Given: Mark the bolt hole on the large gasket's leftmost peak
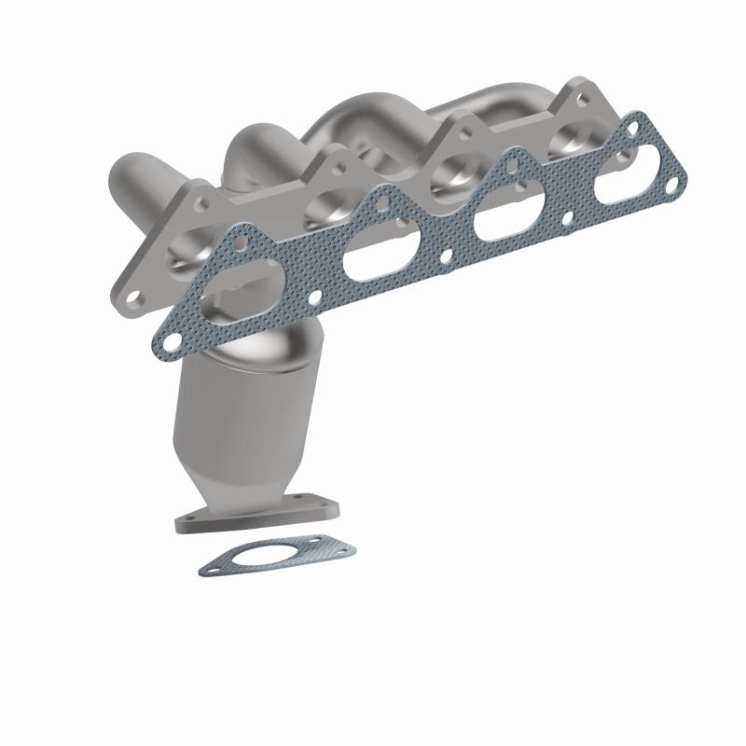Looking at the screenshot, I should tap(241, 242).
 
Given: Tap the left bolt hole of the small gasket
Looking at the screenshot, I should tap(211, 562).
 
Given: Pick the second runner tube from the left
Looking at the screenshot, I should tap(252, 149).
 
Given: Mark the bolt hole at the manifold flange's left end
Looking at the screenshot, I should tap(133, 297).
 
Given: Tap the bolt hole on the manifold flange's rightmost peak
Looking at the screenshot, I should tap(580, 92).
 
